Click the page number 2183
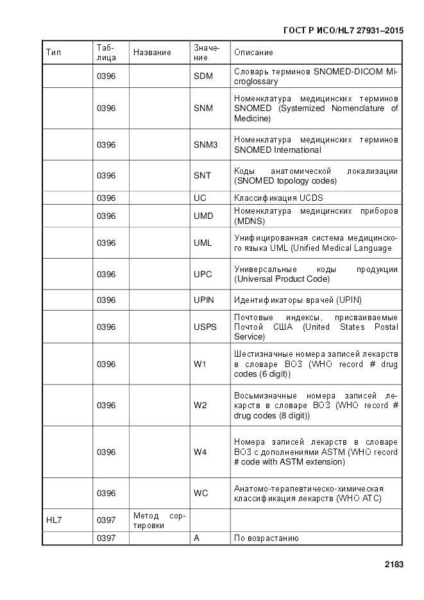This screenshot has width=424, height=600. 394,565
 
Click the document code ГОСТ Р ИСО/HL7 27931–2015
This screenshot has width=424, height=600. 344,30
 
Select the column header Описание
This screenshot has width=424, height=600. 253,53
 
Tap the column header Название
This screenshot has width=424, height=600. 152,53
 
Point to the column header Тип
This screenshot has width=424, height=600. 54,53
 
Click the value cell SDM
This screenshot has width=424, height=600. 203,76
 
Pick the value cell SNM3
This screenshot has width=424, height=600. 206,145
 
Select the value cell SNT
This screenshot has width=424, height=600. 203,176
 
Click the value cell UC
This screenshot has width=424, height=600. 200,198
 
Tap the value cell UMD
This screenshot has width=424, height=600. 203,216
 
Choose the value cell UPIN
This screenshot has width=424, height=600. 204,300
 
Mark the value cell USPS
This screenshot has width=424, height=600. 205,327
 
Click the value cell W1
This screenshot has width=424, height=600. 200,364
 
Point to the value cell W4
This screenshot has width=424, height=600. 200,452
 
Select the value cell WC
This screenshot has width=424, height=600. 201,493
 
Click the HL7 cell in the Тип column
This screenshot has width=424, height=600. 54,520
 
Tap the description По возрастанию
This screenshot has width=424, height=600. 266,538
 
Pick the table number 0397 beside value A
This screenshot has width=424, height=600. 106,538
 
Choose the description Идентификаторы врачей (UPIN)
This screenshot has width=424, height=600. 296,300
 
